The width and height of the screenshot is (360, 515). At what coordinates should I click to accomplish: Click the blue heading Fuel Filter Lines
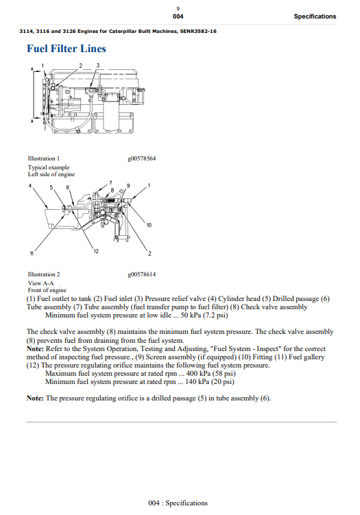coord(67,49)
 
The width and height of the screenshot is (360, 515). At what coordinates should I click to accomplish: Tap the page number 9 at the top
coord(178,7)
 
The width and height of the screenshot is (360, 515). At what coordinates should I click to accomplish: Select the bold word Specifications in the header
coord(315,16)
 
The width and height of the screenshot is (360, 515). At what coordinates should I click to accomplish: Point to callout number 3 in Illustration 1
coord(98,65)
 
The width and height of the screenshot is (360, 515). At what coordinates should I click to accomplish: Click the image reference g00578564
coord(142,158)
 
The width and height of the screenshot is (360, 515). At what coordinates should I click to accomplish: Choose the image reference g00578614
coord(142,274)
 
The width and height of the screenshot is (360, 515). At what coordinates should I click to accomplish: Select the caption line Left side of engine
coord(52,174)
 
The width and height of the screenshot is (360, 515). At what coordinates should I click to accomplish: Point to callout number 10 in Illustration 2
coord(149,226)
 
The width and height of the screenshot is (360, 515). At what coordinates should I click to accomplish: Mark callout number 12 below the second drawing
coord(95,251)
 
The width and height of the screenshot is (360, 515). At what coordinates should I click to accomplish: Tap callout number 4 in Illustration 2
coord(30,186)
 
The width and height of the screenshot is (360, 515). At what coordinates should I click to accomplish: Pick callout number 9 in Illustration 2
coord(128,186)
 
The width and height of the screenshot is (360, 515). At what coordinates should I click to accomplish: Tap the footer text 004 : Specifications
coord(178,503)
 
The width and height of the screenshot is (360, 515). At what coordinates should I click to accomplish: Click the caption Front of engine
coord(47,290)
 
